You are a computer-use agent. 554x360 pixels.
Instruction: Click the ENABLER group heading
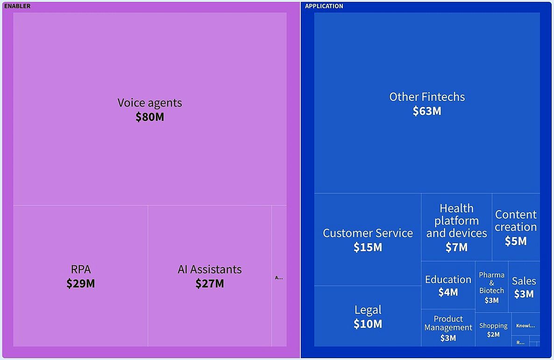[x=17, y=6]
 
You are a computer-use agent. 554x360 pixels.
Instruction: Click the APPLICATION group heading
[x=324, y=6]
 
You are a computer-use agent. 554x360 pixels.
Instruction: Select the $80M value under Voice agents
[x=150, y=117]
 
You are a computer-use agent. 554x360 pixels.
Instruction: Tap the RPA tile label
[x=81, y=269]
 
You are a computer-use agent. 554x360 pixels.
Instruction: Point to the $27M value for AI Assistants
[x=210, y=283]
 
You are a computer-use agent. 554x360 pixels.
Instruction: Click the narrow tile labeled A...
[x=279, y=277]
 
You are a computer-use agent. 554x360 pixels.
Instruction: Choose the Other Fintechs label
[x=427, y=97]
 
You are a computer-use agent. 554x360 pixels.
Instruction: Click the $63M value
[x=427, y=111]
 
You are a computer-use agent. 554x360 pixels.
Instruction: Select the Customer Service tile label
[x=368, y=233]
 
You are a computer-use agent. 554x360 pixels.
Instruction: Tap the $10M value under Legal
[x=368, y=324]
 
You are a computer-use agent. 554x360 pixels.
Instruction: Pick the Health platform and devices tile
[x=456, y=227]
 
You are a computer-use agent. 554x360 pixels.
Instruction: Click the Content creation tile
[x=516, y=227]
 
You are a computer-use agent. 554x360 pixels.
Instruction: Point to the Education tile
[x=448, y=285]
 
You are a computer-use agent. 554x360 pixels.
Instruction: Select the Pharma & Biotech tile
[x=491, y=287]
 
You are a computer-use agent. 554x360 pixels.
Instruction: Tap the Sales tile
[x=524, y=287]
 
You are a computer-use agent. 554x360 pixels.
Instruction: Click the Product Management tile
[x=448, y=328]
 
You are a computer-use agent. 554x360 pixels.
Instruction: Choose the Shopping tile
[x=493, y=329]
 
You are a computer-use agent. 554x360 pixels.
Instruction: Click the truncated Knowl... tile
[x=526, y=325]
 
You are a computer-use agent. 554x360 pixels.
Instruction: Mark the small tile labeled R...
[x=520, y=342]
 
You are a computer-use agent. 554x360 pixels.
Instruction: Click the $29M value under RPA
[x=81, y=283]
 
